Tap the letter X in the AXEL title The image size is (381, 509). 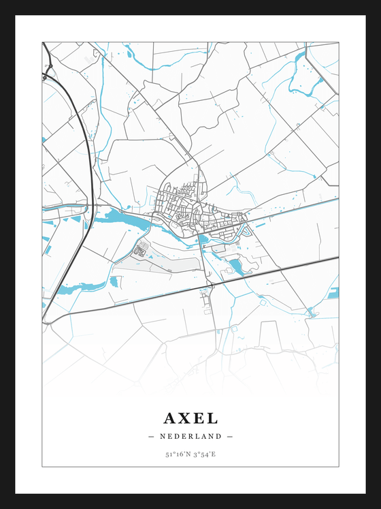(x=185, y=418)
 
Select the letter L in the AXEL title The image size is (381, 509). (x=214, y=418)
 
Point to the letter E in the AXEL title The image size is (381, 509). (x=200, y=418)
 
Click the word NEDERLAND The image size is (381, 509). (x=190, y=436)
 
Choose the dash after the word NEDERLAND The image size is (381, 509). (x=230, y=436)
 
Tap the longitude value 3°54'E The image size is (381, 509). (x=205, y=454)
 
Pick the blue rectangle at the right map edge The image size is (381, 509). (x=333, y=293)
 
